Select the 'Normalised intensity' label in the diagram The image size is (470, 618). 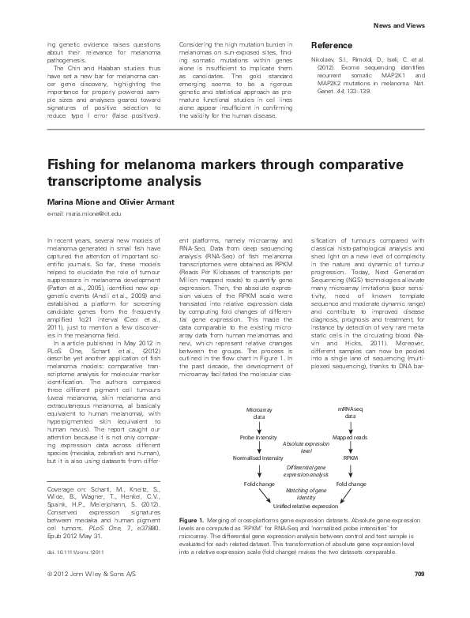tap(258, 457)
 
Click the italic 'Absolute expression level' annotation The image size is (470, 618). tap(303, 447)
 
